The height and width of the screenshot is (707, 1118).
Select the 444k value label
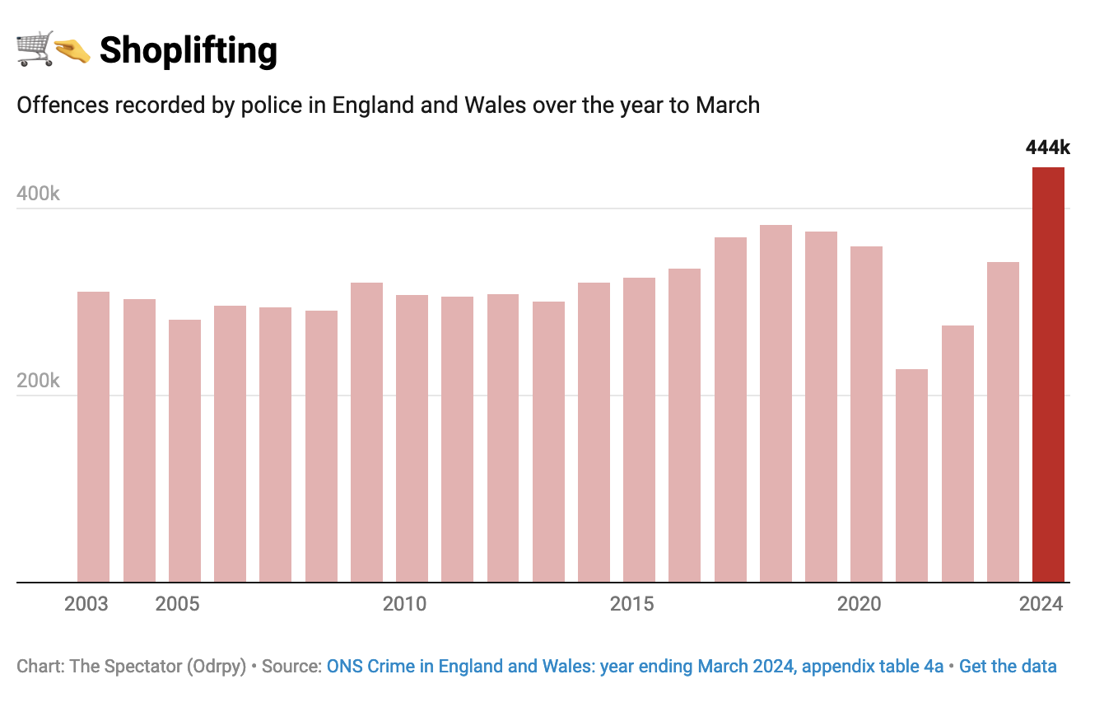click(1047, 147)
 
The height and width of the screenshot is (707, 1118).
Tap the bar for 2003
click(93, 437)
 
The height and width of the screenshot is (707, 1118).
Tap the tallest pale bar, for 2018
click(776, 404)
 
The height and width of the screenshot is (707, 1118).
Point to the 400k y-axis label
click(39, 194)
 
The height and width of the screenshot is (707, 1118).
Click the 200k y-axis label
click(39, 381)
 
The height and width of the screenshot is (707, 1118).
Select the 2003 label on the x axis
click(86, 604)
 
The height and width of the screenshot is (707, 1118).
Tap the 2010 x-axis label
click(405, 604)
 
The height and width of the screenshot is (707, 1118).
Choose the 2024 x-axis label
click(1041, 604)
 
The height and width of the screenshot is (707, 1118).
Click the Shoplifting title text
click(189, 51)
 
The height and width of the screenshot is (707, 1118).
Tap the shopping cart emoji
click(35, 49)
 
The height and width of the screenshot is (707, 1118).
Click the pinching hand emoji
click(72, 52)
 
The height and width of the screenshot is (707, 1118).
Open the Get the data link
click(1008, 666)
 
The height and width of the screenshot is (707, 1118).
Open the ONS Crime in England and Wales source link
click(635, 666)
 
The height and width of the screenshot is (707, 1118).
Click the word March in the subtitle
click(728, 105)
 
